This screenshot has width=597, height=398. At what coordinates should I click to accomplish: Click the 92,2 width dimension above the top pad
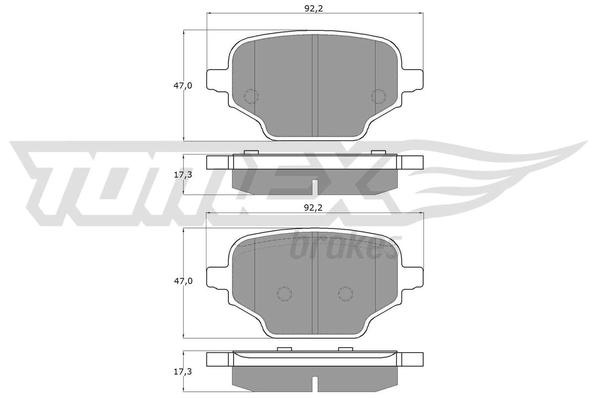click(x=313, y=9)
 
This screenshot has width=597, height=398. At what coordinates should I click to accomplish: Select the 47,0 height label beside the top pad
click(x=183, y=85)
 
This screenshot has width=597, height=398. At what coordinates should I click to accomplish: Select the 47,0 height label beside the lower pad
click(x=183, y=281)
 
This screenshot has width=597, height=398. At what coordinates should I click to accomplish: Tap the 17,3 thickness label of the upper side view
click(x=183, y=174)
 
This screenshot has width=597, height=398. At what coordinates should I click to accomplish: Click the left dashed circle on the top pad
click(x=251, y=96)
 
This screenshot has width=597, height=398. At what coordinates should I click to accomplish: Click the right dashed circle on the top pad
click(x=378, y=96)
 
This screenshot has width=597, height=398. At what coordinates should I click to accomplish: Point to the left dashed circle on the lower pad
click(x=284, y=294)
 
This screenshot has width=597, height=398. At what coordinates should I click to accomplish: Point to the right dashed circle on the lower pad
click(x=345, y=294)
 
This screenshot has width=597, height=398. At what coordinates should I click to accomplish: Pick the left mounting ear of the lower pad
click(x=216, y=277)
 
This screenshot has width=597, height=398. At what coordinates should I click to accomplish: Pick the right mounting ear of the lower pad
click(x=412, y=277)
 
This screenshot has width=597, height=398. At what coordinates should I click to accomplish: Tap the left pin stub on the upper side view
click(x=251, y=152)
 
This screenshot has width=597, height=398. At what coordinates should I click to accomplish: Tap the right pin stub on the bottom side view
click(x=345, y=349)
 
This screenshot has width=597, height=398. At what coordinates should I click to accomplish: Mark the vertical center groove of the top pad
click(x=315, y=85)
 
